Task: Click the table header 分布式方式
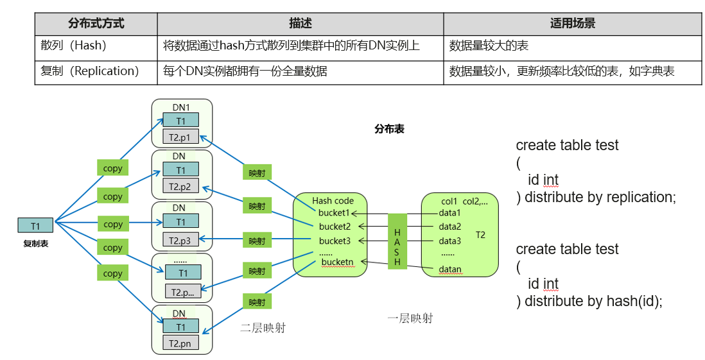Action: point(96,24)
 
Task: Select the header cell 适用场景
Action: point(572,24)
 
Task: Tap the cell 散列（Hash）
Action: point(74,46)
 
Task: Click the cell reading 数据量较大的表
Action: point(489,46)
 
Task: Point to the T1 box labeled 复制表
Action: point(36,225)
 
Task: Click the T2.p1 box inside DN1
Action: point(180,137)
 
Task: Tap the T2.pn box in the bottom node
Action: point(180,343)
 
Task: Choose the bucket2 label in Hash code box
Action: point(335,227)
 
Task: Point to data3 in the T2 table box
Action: point(450,241)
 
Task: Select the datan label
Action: point(450,269)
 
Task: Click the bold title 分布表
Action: point(389,128)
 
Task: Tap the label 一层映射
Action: point(410,318)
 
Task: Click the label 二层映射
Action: point(263,328)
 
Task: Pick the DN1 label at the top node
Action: point(181,107)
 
